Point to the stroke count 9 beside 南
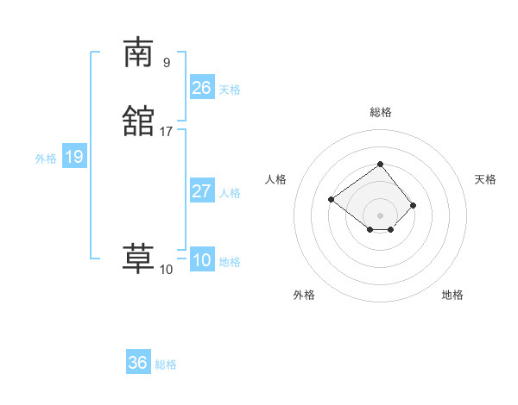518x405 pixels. pos(167,62)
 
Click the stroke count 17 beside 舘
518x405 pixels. pos(167,132)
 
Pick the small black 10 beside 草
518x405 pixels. pos(167,270)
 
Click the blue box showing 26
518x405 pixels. pos(201,88)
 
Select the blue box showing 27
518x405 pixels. pos(201,191)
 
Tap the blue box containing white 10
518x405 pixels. pos(201,260)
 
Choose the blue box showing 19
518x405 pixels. pos(73,157)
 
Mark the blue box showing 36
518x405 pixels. pos(138,363)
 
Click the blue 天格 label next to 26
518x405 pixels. pos(230,90)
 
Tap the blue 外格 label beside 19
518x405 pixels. pos(46,159)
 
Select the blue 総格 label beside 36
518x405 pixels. pos(166,364)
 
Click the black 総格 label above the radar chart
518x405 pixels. pos(380,112)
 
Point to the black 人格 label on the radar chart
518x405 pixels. pos(276,179)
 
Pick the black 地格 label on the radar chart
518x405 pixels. pos(452,295)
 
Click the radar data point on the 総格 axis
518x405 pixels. pos(380,164)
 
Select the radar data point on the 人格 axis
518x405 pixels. pos(331,200)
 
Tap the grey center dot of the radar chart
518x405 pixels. pos(380,215)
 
